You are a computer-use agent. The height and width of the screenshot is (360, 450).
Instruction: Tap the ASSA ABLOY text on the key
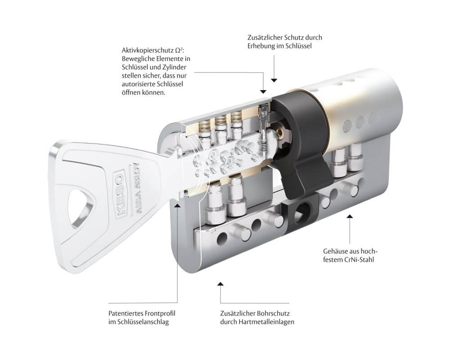coord(131,184)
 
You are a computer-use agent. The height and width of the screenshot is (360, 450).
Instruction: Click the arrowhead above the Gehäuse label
coord(350,217)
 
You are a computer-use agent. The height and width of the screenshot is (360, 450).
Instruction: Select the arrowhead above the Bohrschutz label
coord(220,284)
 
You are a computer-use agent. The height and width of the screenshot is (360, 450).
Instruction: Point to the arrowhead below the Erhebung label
coord(274,79)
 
